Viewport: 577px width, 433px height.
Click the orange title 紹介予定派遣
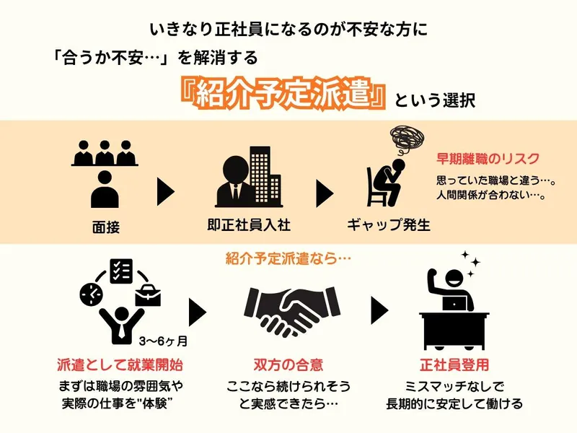tap(283, 95)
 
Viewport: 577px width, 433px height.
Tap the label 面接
tap(106, 227)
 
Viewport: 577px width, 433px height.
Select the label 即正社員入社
tap(249, 225)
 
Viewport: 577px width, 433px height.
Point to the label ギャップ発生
tap(389, 225)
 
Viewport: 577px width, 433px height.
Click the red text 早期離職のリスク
tap(488, 159)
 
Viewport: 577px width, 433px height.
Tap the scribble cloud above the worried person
tap(407, 139)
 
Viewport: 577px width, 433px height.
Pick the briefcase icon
tap(148, 295)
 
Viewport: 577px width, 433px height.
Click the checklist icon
tap(121, 271)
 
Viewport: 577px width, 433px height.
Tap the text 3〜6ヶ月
tap(163, 341)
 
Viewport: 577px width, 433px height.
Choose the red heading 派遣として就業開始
tap(120, 365)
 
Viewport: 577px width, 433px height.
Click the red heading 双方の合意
tap(288, 365)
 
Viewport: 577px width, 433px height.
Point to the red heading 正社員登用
tap(454, 365)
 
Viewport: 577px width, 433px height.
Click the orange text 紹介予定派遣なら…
tap(288, 258)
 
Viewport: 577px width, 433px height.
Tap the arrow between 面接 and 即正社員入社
tap(166, 192)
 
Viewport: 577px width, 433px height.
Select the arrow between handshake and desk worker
tap(379, 310)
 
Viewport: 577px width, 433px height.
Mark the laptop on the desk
tap(454, 303)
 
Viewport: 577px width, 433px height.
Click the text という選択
tap(435, 100)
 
